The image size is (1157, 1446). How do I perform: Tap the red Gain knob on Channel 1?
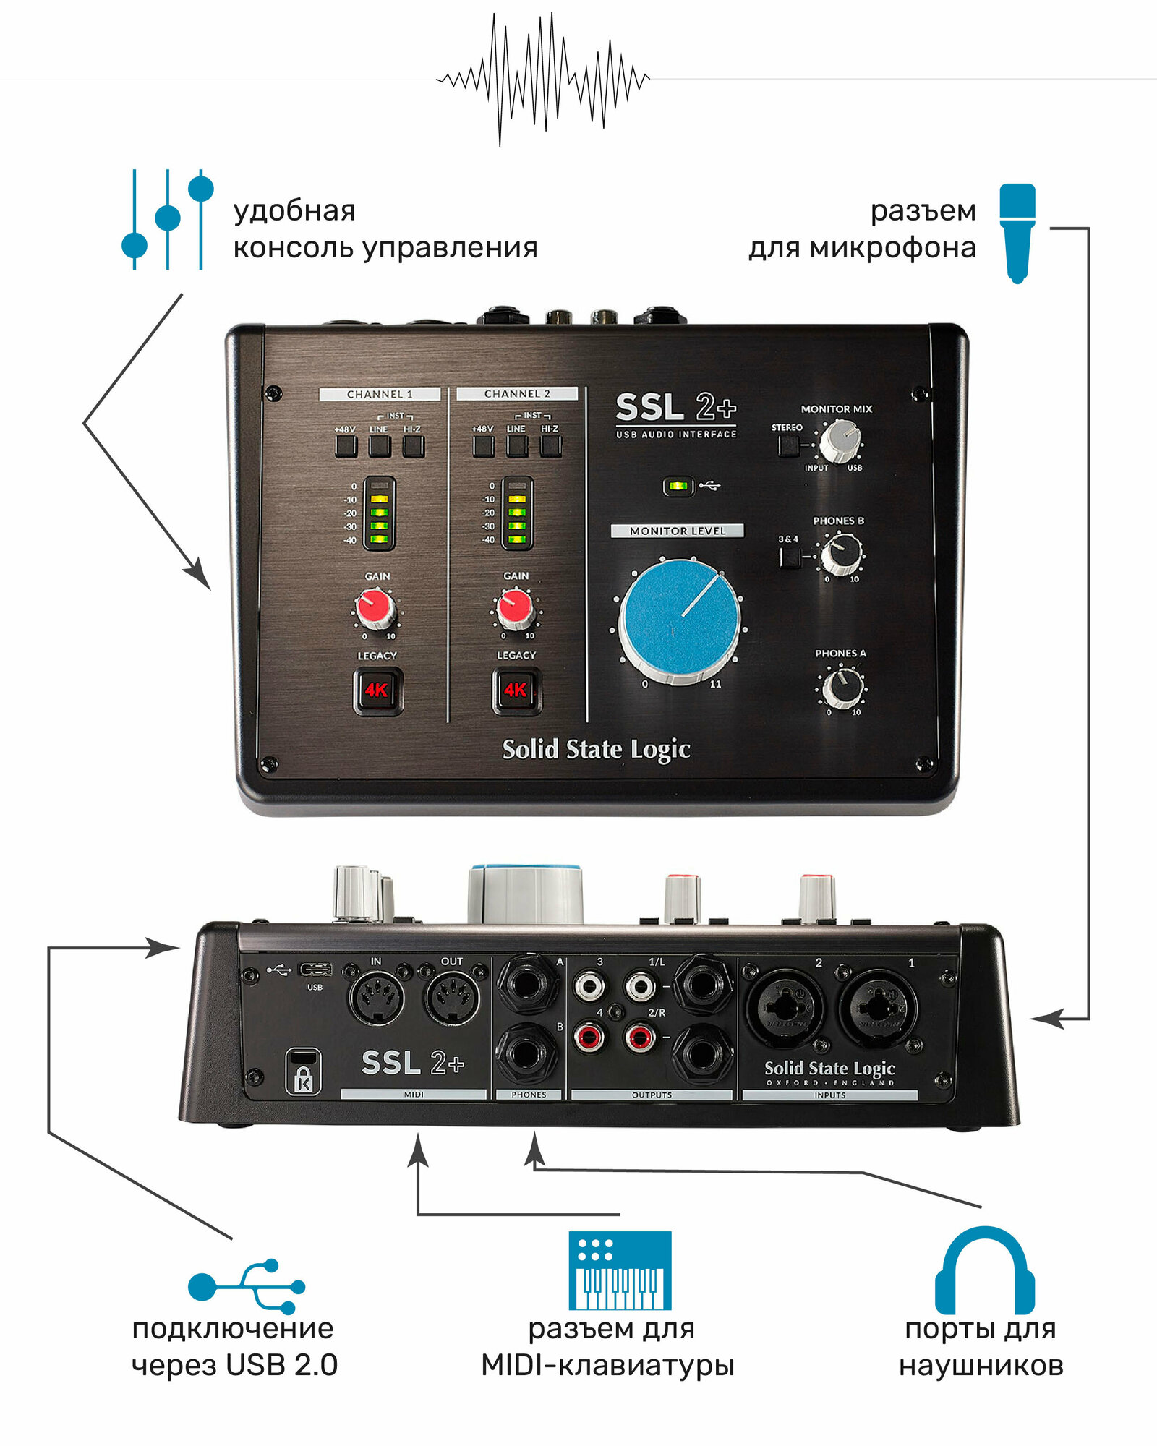[375, 607]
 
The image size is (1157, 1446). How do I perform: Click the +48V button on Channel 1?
[346, 446]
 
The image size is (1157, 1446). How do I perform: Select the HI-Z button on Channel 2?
[550, 445]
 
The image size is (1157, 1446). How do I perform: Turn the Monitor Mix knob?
[840, 440]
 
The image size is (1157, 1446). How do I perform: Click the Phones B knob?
[841, 553]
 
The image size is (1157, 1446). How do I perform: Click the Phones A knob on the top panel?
[842, 686]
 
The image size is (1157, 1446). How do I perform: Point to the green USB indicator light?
[678, 486]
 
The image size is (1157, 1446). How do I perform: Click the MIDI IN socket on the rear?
[376, 998]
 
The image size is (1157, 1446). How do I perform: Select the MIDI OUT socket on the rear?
[451, 998]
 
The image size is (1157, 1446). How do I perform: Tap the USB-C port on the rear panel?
[316, 970]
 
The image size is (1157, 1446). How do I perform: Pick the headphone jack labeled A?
[527, 983]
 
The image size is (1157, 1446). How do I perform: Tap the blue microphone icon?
[1017, 231]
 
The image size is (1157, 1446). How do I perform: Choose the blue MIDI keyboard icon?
[620, 1271]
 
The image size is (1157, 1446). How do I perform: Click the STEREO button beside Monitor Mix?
[788, 445]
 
